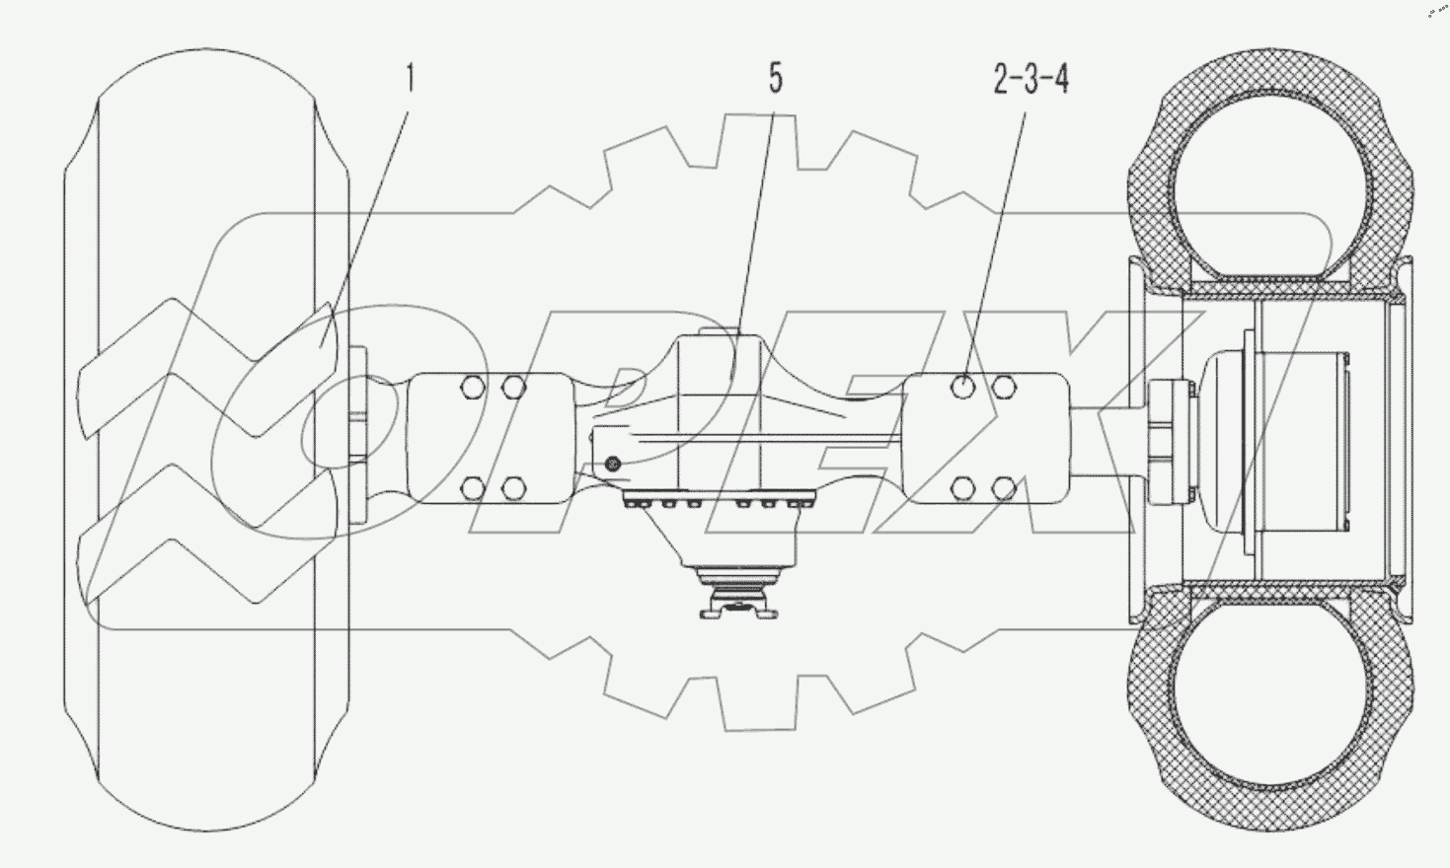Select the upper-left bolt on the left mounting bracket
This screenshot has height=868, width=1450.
[x=473, y=387]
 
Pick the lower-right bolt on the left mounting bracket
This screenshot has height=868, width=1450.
[x=512, y=489]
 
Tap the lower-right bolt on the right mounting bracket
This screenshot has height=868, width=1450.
[x=1004, y=489]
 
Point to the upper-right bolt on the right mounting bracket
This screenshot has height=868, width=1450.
[x=1004, y=387]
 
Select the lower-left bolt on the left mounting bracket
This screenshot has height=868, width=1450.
[x=473, y=489]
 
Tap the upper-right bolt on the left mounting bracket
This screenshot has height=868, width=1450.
[x=512, y=387]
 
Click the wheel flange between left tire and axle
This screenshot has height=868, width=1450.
[x=357, y=435]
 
